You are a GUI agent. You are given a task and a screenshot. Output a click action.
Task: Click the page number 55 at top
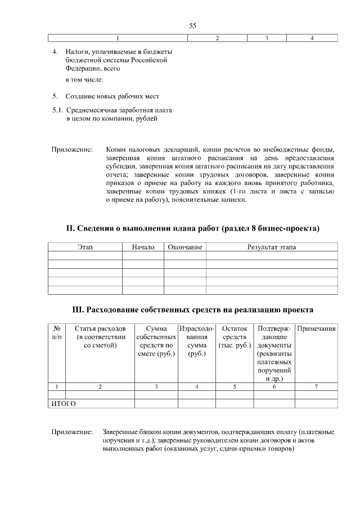pos(192,26)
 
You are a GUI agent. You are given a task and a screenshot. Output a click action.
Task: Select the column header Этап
pos(85,247)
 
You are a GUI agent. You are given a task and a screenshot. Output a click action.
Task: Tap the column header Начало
pos(143,247)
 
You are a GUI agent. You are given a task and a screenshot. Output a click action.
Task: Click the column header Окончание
pos(184,247)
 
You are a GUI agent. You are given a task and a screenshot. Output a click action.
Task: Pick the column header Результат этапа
pos(271,247)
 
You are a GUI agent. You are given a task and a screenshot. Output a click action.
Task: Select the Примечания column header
pos(316,328)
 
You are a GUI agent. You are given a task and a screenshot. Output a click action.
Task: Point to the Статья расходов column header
pos(100,336)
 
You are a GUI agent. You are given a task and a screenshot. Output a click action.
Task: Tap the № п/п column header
pos(56,332)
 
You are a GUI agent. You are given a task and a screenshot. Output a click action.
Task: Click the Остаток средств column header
pos(235,336)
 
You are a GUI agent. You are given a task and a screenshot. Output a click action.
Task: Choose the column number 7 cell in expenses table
pos(316,386)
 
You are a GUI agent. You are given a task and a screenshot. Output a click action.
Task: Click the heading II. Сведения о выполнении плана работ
pos(193,228)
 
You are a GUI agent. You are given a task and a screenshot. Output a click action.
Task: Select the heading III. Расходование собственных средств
pos(192,310)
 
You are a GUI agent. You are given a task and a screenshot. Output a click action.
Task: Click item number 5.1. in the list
pos(58,110)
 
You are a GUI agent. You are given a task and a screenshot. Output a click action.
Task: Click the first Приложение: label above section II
pos(72,150)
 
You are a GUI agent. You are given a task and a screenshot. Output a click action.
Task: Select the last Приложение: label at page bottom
pos(72,431)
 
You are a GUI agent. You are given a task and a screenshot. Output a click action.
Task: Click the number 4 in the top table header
pos(312,38)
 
